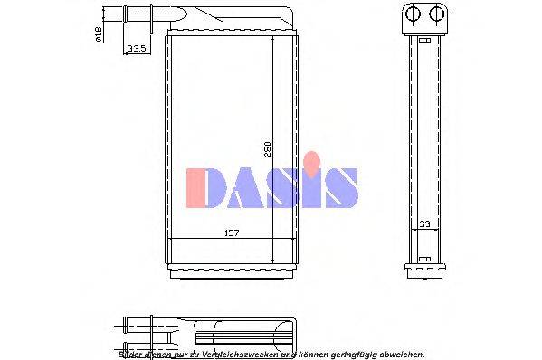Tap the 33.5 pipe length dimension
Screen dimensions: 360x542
[138, 47]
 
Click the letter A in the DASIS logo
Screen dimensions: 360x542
[246, 188]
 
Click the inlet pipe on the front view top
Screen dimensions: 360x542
[139, 14]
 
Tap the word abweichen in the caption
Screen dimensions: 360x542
[400, 353]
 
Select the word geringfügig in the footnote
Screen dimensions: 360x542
[347, 353]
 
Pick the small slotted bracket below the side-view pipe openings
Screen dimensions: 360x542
[424, 38]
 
